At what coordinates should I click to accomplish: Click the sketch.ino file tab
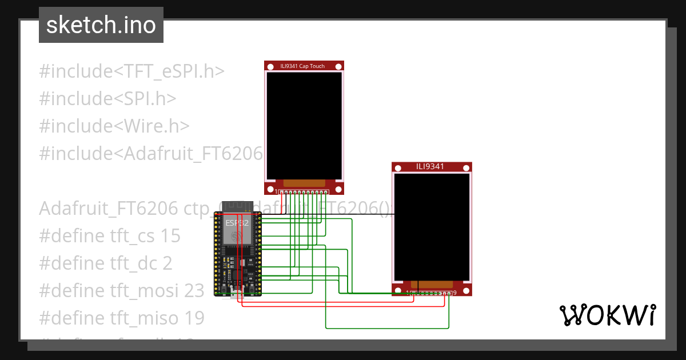pyautogui.click(x=101, y=26)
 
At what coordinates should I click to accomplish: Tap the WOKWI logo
pyautogui.click(x=607, y=315)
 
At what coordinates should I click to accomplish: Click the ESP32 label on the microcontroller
pyautogui.click(x=237, y=223)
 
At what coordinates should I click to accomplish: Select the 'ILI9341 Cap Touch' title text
pyautogui.click(x=302, y=66)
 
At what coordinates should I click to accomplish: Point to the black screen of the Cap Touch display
pyautogui.click(x=304, y=125)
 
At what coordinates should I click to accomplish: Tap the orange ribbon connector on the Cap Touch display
pyautogui.click(x=304, y=183)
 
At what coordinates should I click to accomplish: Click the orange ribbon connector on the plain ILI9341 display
pyautogui.click(x=432, y=284)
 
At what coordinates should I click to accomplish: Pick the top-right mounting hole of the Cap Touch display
pyautogui.click(x=338, y=66)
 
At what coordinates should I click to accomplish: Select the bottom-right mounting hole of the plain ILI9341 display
pyautogui.click(x=466, y=290)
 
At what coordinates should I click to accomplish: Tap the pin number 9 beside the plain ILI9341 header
pyautogui.click(x=454, y=293)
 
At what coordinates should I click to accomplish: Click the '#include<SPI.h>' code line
pyautogui.click(x=107, y=99)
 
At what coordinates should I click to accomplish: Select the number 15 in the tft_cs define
pyautogui.click(x=170, y=236)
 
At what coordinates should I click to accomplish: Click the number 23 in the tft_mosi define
pyautogui.click(x=194, y=291)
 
